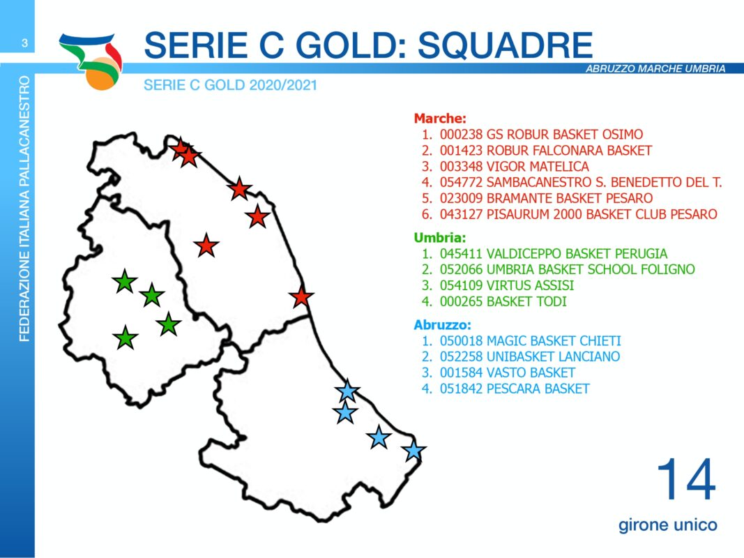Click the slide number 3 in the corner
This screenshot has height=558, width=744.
24,43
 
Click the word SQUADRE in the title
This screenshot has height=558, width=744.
506,45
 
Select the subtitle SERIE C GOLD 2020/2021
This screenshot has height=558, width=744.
230,85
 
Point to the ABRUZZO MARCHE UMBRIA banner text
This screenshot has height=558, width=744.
655,68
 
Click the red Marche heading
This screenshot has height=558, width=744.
440,118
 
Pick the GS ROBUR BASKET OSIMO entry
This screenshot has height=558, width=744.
541,135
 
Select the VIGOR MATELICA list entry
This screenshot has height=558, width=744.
515,167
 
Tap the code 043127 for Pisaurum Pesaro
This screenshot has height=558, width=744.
461,214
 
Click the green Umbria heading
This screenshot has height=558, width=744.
440,237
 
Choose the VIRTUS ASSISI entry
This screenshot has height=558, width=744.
507,285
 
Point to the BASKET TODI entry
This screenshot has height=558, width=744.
503,301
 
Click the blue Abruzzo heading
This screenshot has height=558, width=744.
443,325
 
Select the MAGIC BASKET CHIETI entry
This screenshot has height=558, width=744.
530,340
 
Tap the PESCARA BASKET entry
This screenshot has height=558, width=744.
515,389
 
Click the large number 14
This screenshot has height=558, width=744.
686,479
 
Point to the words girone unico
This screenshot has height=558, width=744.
667,525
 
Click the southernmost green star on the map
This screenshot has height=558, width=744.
126,338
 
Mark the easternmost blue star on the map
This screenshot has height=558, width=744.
413,451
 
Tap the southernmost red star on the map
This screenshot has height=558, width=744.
301,298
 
